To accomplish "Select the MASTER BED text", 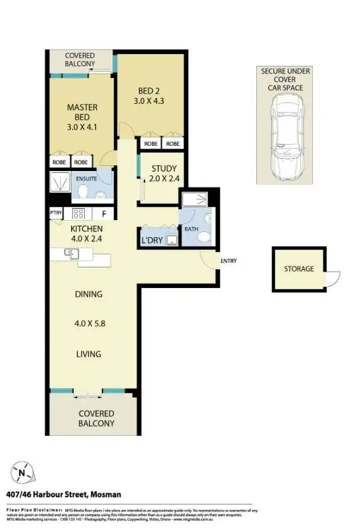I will [82, 112].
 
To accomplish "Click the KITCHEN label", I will [86, 229].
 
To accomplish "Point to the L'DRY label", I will [151, 241].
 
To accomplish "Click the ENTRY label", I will [228, 260].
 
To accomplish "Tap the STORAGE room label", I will [298, 269].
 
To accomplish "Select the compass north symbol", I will [23, 472].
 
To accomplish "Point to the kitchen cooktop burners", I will [79, 213].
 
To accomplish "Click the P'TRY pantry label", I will [56, 213].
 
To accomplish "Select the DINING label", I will [88, 294].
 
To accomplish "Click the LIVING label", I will [88, 354].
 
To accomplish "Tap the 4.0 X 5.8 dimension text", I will [88, 324].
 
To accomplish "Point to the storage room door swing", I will [334, 277].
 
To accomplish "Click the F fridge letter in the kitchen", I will [104, 214].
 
